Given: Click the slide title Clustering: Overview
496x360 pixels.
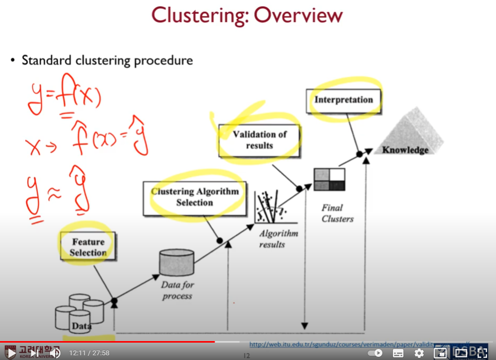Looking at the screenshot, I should pos(247,15).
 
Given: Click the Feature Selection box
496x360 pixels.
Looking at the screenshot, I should pos(88,247).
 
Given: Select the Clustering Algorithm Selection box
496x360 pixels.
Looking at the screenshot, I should pos(195,197).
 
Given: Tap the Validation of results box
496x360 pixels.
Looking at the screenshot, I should pos(260,140).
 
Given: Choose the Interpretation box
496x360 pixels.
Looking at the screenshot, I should pos(343,100).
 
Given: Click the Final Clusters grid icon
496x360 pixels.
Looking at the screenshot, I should pos(329,179).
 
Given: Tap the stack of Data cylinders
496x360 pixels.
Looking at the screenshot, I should pos(79,313).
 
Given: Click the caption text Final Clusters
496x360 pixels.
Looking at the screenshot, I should pos(338,213).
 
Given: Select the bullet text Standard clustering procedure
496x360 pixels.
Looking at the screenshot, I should pos(107,61).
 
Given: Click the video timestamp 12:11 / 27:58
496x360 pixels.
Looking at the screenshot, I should pos(89,353).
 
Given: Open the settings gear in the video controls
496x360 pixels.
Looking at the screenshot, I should pos(419,353).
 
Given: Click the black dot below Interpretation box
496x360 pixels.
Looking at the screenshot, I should pos(359,154).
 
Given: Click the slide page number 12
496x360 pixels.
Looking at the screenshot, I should pos(246,356).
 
